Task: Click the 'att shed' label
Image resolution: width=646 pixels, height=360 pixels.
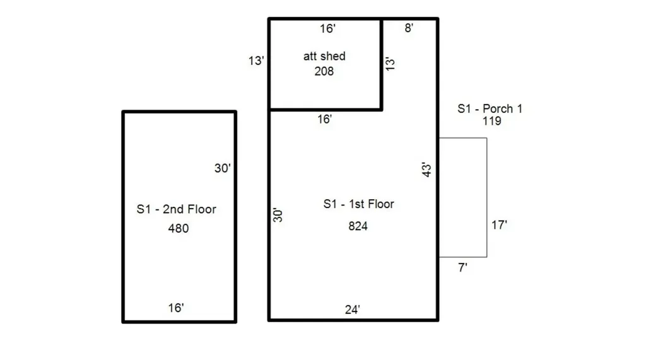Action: click(x=324, y=56)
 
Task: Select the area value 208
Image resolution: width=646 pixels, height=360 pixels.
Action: click(x=324, y=71)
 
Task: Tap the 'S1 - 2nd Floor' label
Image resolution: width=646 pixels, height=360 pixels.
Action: click(x=176, y=209)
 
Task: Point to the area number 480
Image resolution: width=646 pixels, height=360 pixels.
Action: click(x=178, y=228)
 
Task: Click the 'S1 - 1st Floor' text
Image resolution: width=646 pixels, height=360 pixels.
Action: click(x=358, y=204)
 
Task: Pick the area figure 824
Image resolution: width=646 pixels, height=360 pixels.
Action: click(x=358, y=226)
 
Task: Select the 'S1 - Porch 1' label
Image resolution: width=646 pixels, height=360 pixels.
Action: click(x=490, y=109)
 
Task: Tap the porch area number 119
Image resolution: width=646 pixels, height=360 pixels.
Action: click(x=491, y=121)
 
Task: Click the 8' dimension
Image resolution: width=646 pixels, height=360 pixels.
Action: click(x=409, y=28)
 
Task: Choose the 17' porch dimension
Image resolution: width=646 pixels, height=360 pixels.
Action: click(x=499, y=224)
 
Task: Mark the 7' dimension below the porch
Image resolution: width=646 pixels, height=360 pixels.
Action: click(x=462, y=267)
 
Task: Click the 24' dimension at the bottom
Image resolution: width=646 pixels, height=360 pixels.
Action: click(x=353, y=310)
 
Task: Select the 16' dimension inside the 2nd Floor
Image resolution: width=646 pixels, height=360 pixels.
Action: click(x=176, y=308)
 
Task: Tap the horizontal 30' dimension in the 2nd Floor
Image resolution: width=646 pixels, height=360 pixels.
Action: click(x=223, y=168)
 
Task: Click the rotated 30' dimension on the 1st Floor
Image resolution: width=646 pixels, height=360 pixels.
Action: click(x=278, y=215)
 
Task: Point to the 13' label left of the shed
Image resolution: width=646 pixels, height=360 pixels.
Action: click(x=256, y=61)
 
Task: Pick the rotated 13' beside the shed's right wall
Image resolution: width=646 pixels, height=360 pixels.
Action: click(x=391, y=64)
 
